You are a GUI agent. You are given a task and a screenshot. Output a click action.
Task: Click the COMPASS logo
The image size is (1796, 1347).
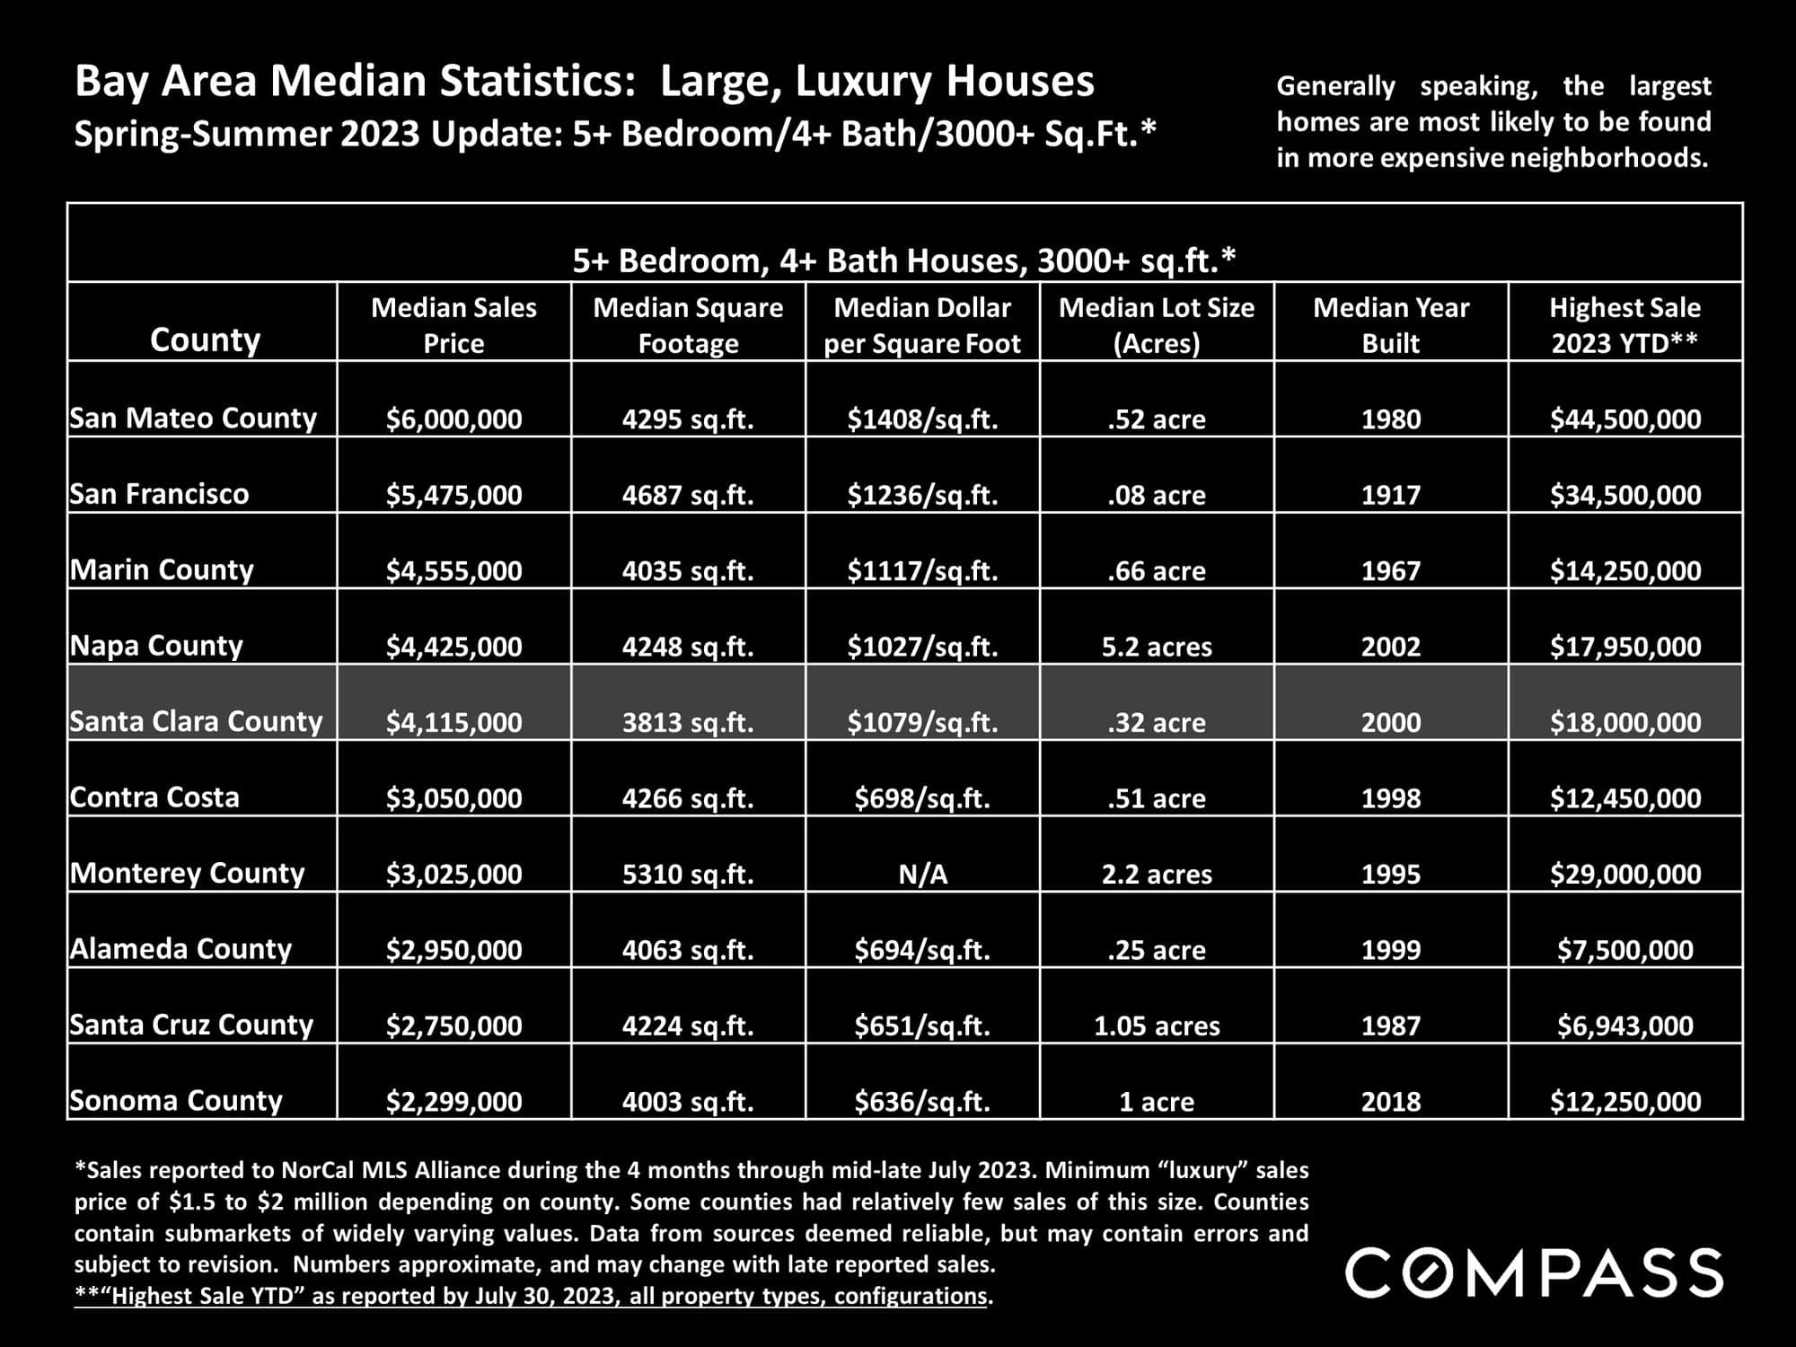click(1534, 1272)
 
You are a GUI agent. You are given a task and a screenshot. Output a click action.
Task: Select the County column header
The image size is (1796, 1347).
click(205, 339)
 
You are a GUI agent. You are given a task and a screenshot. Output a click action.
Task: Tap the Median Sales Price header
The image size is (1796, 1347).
click(453, 325)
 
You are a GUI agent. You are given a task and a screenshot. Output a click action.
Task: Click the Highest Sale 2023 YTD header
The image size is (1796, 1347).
click(1624, 325)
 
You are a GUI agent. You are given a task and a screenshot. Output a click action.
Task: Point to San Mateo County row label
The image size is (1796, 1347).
click(193, 418)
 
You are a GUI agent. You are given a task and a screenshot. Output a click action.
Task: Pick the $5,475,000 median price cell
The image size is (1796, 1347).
click(453, 495)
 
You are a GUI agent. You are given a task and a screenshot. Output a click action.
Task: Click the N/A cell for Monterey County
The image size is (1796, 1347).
click(922, 874)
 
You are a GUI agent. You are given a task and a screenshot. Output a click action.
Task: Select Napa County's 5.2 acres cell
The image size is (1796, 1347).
click(1157, 647)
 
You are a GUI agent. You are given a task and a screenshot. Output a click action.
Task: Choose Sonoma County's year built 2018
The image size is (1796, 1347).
click(1391, 1102)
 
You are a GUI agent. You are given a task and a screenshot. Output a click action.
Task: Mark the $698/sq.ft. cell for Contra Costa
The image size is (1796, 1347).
click(922, 798)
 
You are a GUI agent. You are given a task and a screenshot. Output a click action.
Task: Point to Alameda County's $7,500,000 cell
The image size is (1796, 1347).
click(1625, 950)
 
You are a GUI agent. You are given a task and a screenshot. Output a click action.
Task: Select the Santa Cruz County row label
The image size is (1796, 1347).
click(191, 1025)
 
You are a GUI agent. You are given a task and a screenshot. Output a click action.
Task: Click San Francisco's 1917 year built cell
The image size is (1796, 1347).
click(1391, 495)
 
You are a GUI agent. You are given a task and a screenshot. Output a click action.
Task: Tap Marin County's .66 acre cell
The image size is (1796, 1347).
click(1157, 571)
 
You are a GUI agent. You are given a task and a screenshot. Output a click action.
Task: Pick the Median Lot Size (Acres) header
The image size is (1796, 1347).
click(1157, 325)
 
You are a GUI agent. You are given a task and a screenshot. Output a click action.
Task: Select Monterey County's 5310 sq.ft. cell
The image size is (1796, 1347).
click(688, 874)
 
